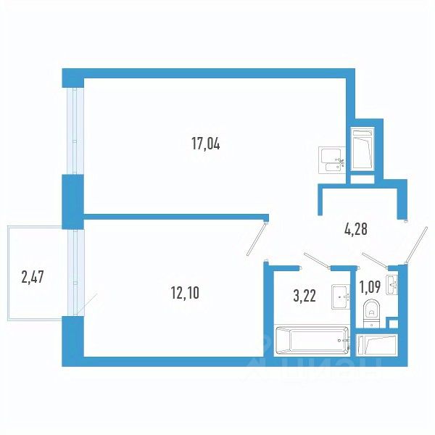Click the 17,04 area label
[206, 144]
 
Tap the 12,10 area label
[185, 293]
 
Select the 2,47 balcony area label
[33, 277]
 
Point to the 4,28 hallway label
[356, 230]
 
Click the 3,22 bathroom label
[304, 296]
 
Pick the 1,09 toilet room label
[370, 287]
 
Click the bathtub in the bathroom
[312, 340]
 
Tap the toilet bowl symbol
[372, 313]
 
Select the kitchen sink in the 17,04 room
[332, 160]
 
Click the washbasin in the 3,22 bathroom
[341, 297]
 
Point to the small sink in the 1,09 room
[392, 285]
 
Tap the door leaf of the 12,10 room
[257, 239]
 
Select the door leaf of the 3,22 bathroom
[317, 260]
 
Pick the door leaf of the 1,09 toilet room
[376, 260]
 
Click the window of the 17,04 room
[75, 131]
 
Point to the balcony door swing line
[87, 304]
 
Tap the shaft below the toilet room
[378, 344]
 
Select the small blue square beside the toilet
[394, 324]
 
